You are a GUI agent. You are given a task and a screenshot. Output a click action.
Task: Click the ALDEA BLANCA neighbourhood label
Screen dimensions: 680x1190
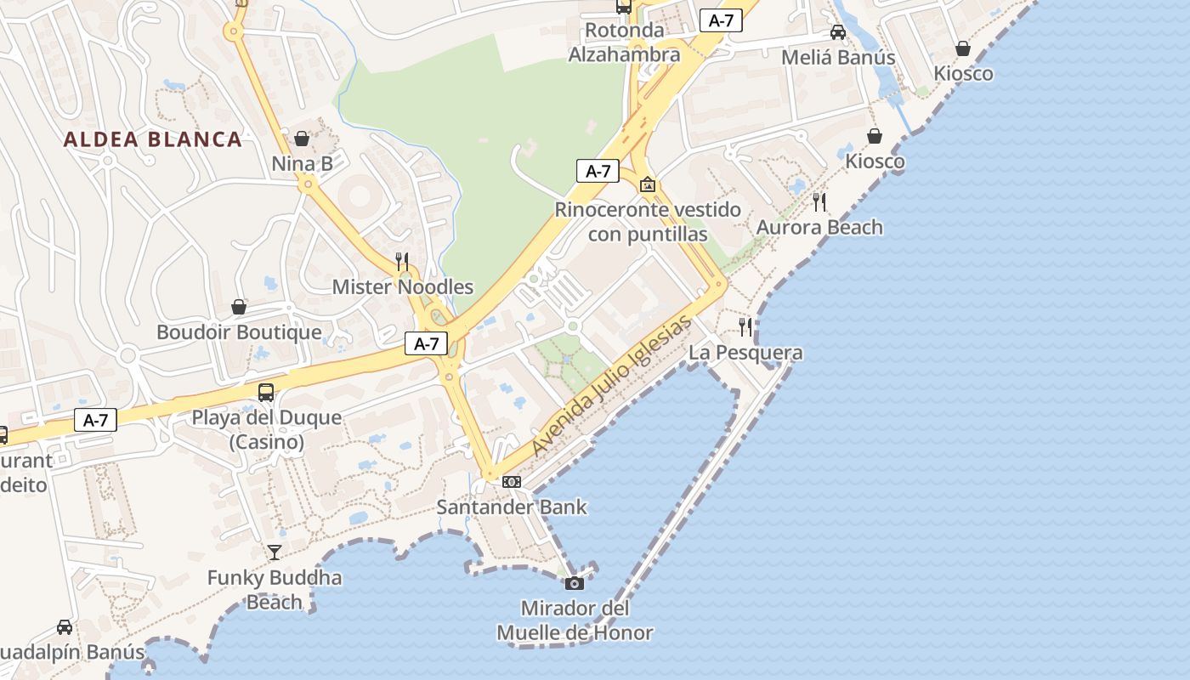tap(153, 139)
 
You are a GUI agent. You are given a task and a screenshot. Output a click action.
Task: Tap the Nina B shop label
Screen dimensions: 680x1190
tap(302, 163)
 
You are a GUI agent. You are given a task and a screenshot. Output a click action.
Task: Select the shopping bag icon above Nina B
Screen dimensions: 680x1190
tap(302, 139)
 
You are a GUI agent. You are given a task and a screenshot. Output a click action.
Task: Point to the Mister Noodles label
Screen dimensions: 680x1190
tap(402, 286)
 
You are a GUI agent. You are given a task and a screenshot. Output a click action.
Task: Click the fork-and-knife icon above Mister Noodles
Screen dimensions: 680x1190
tap(402, 261)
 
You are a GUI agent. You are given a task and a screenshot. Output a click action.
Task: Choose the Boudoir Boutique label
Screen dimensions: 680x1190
tap(239, 331)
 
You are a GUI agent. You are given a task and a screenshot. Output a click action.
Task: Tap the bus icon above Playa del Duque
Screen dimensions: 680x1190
tap(266, 392)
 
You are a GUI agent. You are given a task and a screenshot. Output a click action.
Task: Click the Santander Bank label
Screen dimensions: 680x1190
tap(512, 507)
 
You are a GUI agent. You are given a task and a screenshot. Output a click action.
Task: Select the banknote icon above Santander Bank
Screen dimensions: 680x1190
tap(511, 482)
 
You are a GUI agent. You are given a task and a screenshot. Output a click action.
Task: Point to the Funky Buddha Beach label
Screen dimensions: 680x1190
tap(275, 590)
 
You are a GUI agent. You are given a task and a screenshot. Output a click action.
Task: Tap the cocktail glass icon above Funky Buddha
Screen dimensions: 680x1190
tap(274, 552)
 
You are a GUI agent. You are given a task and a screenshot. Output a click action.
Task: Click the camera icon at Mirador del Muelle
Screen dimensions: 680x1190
tap(575, 583)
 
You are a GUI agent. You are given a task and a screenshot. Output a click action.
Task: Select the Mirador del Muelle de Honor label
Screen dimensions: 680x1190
tap(575, 620)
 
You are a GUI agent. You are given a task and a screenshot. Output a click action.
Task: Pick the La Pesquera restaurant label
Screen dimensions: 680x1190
tap(745, 352)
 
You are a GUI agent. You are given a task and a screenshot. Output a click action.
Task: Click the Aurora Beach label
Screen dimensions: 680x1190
tap(819, 227)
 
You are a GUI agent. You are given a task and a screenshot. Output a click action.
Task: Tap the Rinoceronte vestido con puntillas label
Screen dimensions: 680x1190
tap(648, 221)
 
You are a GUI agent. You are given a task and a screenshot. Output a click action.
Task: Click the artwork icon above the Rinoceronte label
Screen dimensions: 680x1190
tap(648, 184)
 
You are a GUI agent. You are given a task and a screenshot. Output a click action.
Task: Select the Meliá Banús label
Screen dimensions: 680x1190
tap(838, 57)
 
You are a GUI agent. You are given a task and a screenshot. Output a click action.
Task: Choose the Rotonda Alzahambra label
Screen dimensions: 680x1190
tap(624, 42)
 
